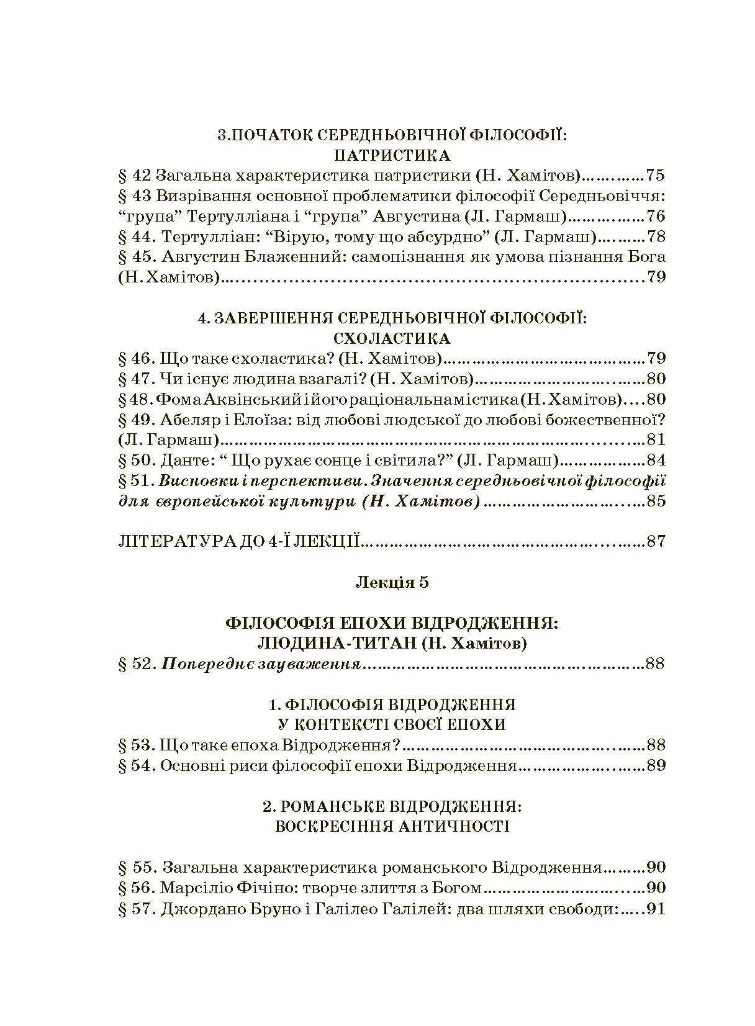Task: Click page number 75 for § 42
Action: [x=656, y=175]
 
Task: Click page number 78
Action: [x=656, y=236]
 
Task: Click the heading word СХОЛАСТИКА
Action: [x=391, y=338]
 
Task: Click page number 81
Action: [x=656, y=440]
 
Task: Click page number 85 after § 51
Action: [x=656, y=501]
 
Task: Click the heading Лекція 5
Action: [x=392, y=582]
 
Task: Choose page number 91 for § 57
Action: [x=656, y=909]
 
